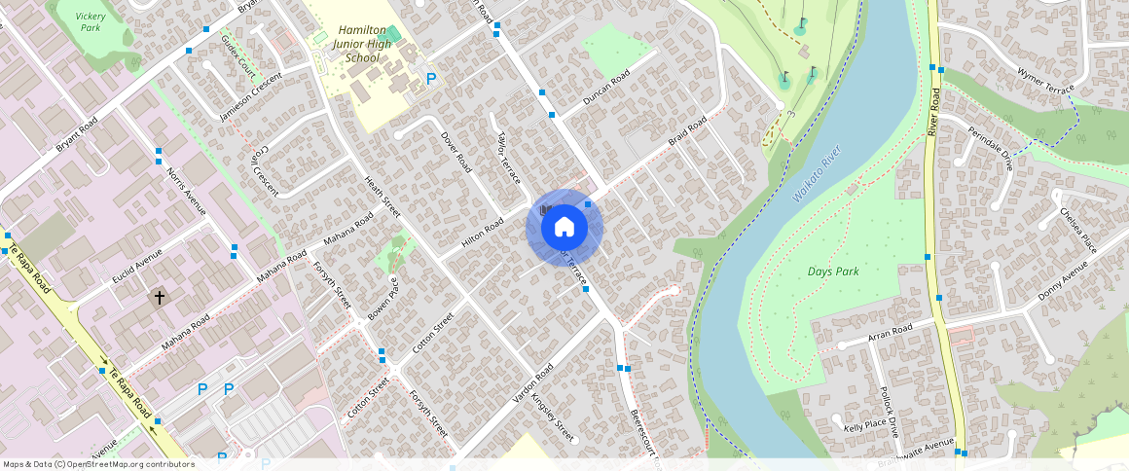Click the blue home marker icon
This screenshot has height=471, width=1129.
564,228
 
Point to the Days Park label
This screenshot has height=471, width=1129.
833,272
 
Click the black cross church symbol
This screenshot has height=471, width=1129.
160,296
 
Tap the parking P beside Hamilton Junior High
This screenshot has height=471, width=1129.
431,79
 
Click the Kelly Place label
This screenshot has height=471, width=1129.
864,425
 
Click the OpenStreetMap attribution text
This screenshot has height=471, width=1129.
98,464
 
